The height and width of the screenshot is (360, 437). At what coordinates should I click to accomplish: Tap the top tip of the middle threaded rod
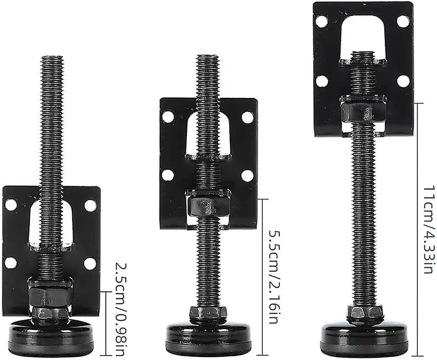[x=207, y=56]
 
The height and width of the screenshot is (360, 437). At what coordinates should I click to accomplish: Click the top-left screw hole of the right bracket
[x=322, y=21]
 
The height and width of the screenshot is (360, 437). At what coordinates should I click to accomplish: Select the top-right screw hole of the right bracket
[x=403, y=21]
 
